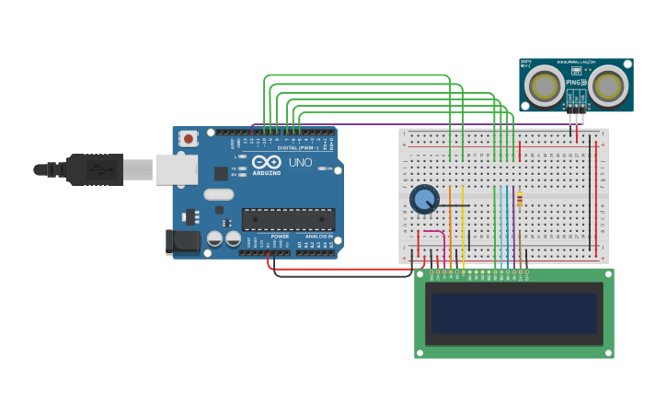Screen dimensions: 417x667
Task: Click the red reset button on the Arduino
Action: (x=188, y=139)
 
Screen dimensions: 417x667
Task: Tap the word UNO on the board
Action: (x=301, y=163)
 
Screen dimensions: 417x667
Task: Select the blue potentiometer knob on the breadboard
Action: (x=423, y=199)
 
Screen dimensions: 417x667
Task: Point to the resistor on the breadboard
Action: (x=519, y=200)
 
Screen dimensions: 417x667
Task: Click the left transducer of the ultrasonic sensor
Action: (x=544, y=86)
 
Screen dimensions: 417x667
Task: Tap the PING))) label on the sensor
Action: (x=576, y=83)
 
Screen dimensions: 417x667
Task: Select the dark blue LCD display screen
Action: (x=513, y=313)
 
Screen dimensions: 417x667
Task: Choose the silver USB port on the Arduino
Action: (x=176, y=169)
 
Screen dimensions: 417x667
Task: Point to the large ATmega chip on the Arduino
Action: (x=288, y=219)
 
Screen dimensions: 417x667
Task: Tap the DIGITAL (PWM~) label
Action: (x=297, y=147)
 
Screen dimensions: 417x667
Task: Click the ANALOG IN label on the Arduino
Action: (x=316, y=237)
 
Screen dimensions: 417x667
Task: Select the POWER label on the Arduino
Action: (x=280, y=237)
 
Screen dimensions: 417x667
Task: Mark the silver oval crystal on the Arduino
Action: (x=219, y=194)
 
